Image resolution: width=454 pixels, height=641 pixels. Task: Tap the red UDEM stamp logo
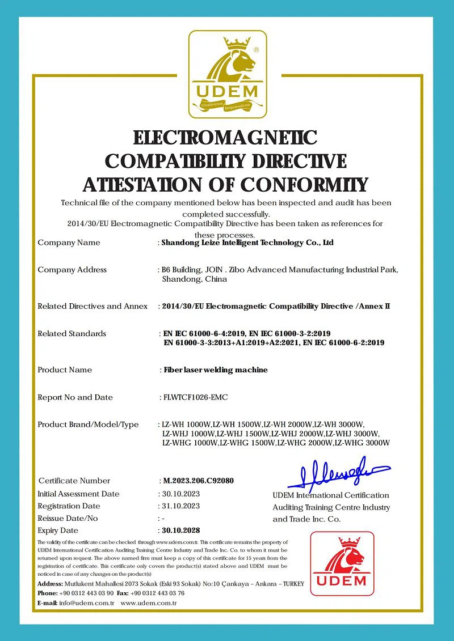click(x=342, y=563)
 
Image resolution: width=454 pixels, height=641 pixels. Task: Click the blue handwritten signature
click(x=338, y=474)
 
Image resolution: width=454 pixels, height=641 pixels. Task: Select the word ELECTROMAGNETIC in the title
click(x=225, y=138)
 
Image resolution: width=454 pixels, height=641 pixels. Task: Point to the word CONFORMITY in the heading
click(x=304, y=185)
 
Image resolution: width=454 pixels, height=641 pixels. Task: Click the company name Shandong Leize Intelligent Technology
click(x=247, y=243)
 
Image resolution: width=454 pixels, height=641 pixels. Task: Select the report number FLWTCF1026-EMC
click(x=195, y=397)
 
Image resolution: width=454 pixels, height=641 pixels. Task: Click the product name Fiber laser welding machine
click(x=216, y=370)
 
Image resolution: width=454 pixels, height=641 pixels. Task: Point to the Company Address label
click(x=72, y=270)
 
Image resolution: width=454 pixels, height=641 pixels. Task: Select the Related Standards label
click(x=72, y=334)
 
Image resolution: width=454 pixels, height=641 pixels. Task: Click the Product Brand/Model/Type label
click(x=88, y=424)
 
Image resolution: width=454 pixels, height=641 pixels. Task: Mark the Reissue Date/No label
click(x=68, y=518)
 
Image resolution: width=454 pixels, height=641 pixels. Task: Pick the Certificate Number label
click(x=74, y=481)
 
